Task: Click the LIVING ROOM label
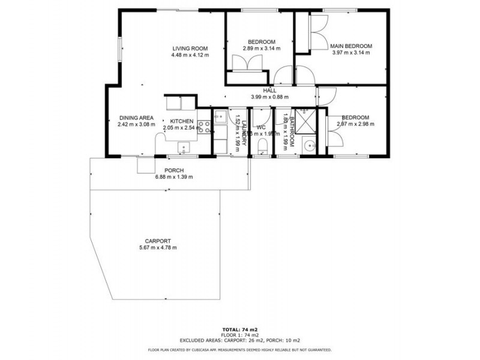tap(190, 49)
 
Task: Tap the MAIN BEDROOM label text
tap(352, 46)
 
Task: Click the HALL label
tap(269, 91)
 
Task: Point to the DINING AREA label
tap(137, 118)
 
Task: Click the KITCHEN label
tap(181, 121)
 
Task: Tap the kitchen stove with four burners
tap(203, 127)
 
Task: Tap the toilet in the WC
tap(261, 147)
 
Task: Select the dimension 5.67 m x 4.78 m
tap(158, 247)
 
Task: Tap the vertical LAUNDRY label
tap(244, 128)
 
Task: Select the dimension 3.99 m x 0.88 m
tap(269, 97)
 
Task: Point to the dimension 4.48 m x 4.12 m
tap(190, 55)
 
